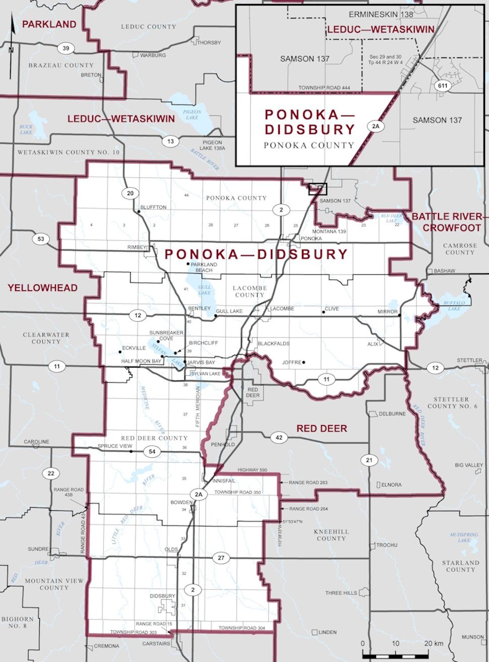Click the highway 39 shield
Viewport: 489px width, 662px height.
(x=66, y=48)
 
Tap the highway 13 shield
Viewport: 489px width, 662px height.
(x=170, y=141)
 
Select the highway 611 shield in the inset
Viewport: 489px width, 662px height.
(x=442, y=86)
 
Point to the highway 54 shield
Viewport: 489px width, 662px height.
(x=152, y=452)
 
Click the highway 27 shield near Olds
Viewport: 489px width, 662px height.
(x=221, y=558)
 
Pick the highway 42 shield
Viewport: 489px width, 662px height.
(x=279, y=438)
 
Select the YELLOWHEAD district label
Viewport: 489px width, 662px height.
(x=42, y=288)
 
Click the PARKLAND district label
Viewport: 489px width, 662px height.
(x=49, y=24)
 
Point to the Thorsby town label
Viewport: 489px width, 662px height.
(x=209, y=42)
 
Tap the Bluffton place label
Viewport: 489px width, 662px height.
(x=153, y=207)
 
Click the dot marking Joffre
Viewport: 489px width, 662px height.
(x=304, y=362)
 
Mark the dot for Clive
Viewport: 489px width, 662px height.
(x=324, y=312)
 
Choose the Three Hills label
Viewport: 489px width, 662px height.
(x=341, y=593)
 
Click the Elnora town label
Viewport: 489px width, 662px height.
(x=391, y=485)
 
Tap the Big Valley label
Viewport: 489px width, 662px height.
(x=468, y=465)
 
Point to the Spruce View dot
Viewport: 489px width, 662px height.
(x=131, y=452)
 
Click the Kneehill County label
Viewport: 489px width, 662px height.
(x=331, y=535)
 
